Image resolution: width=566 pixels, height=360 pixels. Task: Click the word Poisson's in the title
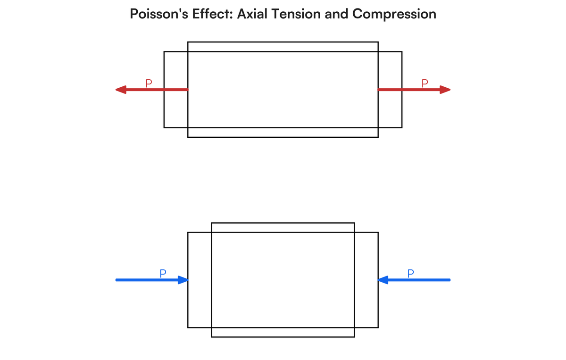pyautogui.click(x=159, y=14)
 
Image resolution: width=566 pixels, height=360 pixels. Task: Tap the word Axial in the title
pyautogui.click(x=252, y=14)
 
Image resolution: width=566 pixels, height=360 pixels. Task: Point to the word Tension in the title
pyautogui.click(x=296, y=14)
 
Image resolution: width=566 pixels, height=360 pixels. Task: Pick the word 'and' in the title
pyautogui.click(x=336, y=14)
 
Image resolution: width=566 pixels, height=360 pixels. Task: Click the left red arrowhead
pyautogui.click(x=121, y=90)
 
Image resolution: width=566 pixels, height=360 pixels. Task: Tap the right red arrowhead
pyautogui.click(x=445, y=90)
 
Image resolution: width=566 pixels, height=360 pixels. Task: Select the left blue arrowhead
pyautogui.click(x=183, y=280)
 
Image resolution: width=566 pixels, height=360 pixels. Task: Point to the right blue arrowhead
pyautogui.click(x=383, y=280)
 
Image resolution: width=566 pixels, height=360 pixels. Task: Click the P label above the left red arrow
pyautogui.click(x=149, y=83)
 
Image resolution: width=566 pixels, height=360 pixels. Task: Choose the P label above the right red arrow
pyautogui.click(x=424, y=83)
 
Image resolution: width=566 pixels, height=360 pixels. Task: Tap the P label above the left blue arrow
pyautogui.click(x=163, y=273)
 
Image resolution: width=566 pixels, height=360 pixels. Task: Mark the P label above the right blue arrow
pyautogui.click(x=410, y=273)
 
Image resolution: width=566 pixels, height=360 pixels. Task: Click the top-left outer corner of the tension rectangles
pyautogui.click(x=164, y=52)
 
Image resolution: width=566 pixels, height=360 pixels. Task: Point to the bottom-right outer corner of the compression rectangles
pyautogui.click(x=378, y=327)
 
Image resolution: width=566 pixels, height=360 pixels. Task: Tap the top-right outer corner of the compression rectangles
pyautogui.click(x=378, y=232)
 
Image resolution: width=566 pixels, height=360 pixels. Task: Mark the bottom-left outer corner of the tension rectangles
pyautogui.click(x=164, y=128)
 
